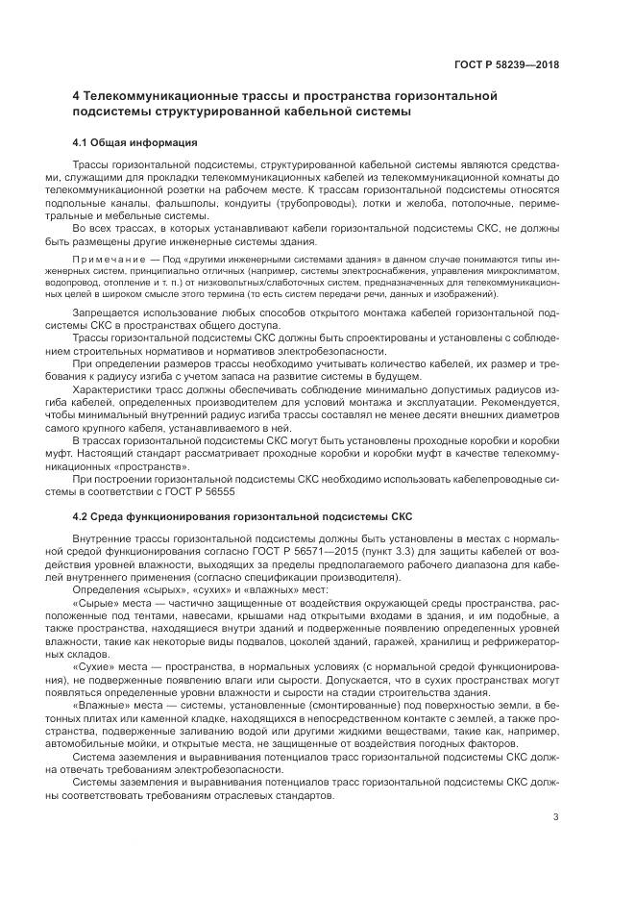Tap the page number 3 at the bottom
coord(556,818)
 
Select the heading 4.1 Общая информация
coord(135,142)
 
